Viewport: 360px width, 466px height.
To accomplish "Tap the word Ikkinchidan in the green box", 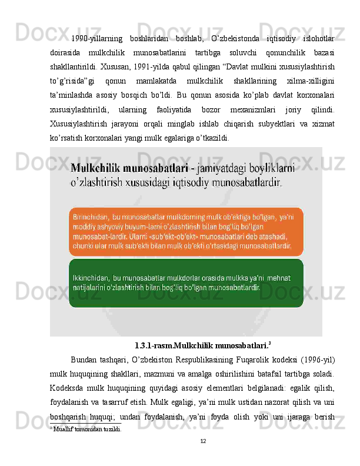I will [91, 277].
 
